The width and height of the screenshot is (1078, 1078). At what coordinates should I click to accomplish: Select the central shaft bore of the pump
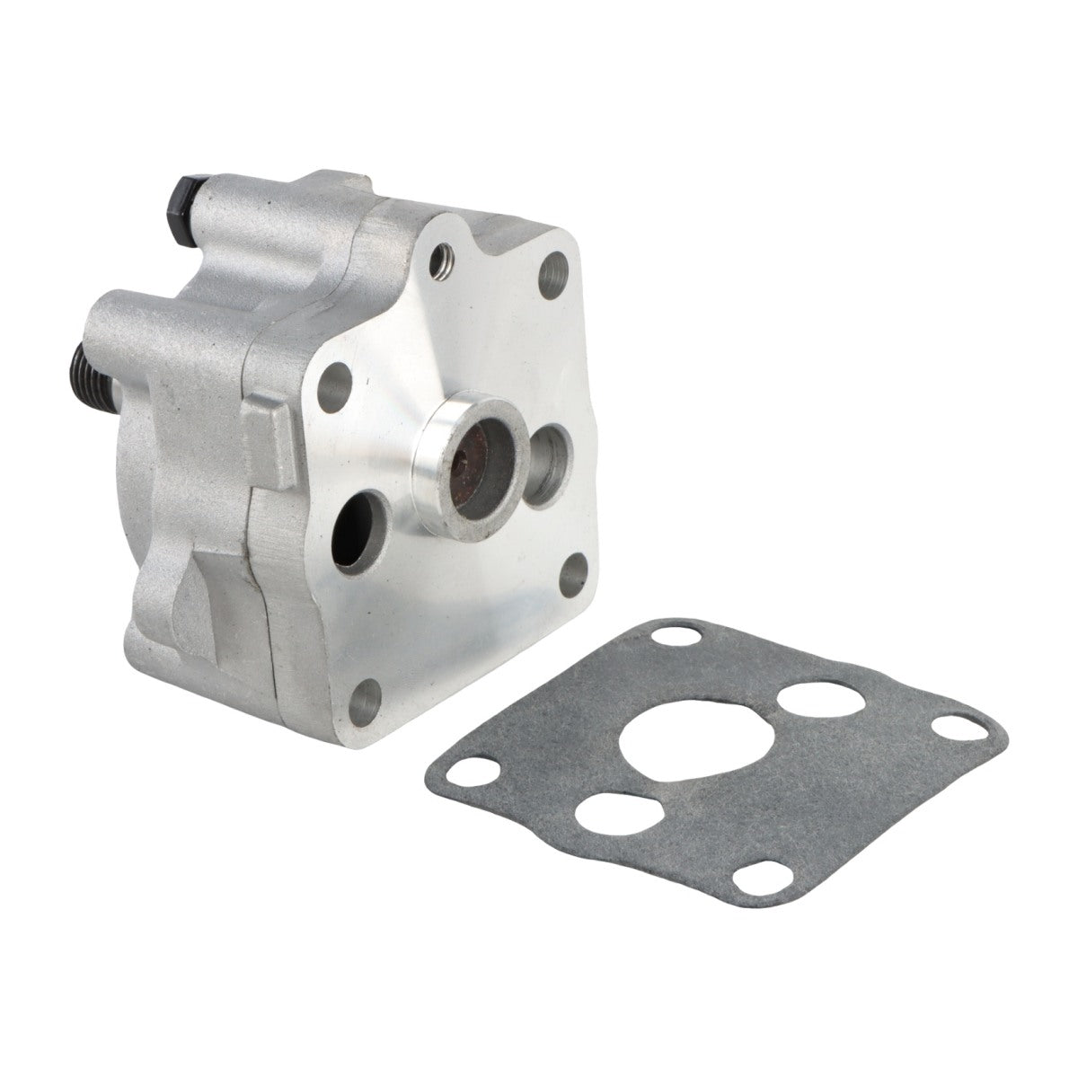coord(473,490)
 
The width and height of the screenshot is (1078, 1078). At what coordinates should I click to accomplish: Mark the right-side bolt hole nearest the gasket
coord(573,570)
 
